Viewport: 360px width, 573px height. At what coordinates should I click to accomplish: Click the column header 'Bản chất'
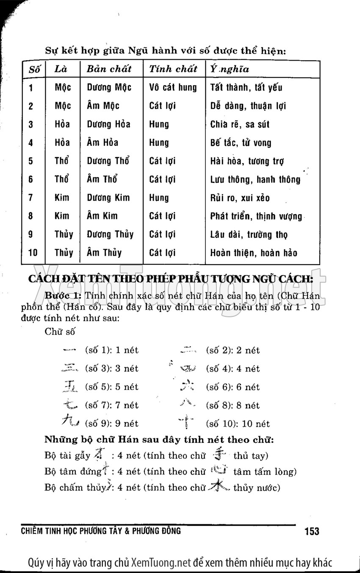click(x=109, y=69)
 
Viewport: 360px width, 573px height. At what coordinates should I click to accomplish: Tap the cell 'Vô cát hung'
click(x=173, y=88)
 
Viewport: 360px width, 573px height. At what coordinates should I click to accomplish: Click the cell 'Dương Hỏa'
click(x=108, y=124)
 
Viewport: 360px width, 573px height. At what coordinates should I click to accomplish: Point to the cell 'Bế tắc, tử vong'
click(x=241, y=143)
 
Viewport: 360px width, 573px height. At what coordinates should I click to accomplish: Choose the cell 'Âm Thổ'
click(x=102, y=179)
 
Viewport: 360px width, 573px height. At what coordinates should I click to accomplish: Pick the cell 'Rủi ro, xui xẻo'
click(x=240, y=198)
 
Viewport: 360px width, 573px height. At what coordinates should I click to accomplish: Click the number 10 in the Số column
click(x=33, y=253)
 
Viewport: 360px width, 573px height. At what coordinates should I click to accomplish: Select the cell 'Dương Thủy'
click(x=110, y=234)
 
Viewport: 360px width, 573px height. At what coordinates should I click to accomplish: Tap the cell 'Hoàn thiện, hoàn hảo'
click(x=254, y=253)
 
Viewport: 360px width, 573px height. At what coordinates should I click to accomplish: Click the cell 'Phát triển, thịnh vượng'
click(x=256, y=216)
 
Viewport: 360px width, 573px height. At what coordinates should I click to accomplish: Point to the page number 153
click(x=312, y=531)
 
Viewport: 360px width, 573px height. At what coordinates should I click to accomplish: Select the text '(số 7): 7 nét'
click(x=112, y=405)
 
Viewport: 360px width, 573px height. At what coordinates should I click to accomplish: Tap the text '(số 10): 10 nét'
click(x=238, y=424)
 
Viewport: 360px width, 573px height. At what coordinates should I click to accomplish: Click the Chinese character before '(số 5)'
click(x=69, y=386)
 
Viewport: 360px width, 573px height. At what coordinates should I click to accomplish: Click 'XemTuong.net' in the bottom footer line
click(x=161, y=563)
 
